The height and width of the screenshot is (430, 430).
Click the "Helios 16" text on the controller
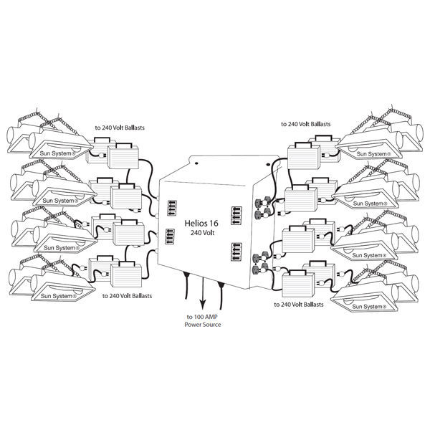coord(201,223)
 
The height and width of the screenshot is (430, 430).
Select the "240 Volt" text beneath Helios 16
coord(203,233)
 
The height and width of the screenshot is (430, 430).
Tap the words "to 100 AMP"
coord(202,317)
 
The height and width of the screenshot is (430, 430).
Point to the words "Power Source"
coord(203,325)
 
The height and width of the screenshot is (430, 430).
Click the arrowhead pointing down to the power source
coord(202,304)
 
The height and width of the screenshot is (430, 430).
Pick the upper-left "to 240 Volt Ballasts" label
coord(120,128)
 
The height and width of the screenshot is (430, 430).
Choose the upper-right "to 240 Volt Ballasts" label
coord(306,124)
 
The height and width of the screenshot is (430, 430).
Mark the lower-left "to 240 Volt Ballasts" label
coord(127,296)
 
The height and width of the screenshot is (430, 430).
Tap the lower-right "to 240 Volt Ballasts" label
coord(299,305)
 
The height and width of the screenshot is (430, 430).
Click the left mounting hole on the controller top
coord(196,163)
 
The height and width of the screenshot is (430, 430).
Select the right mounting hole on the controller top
coord(268,164)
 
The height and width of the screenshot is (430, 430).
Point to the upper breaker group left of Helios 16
coord(172,209)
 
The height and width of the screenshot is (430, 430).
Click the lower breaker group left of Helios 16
coord(170,236)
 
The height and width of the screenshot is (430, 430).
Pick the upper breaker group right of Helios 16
coord(236,216)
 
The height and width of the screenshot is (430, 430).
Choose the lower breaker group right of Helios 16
coord(236,252)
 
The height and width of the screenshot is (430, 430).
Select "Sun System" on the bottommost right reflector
coord(369,307)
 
